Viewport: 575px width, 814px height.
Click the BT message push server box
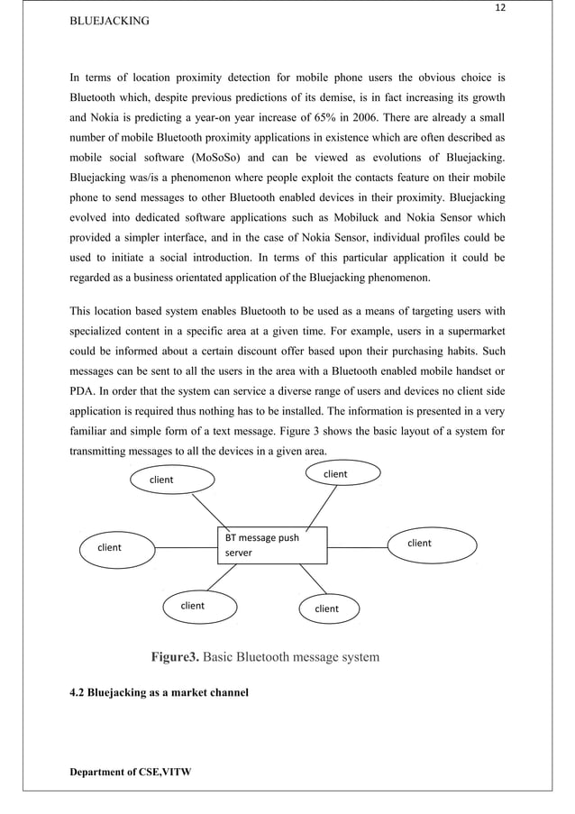click(272, 545)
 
